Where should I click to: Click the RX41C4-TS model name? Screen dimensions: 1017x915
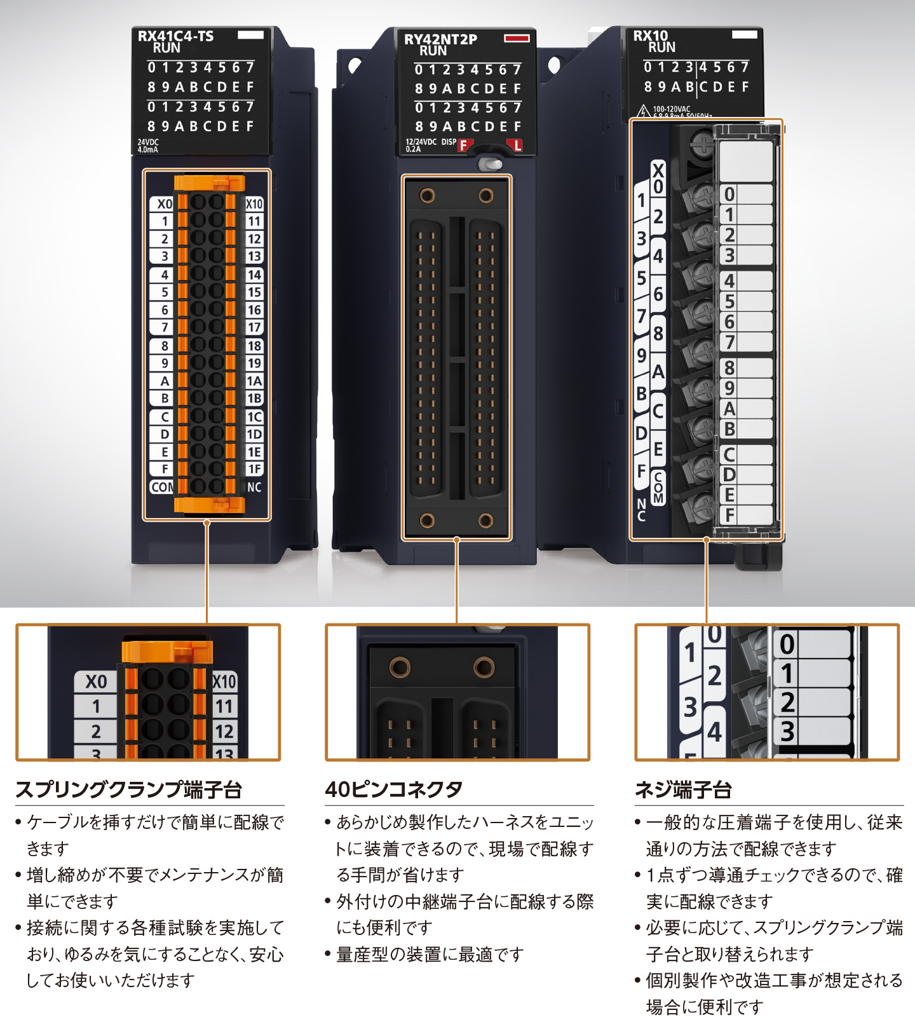[175, 36]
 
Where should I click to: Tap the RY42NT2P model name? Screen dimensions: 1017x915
[440, 39]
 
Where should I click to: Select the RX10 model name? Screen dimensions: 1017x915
[650, 36]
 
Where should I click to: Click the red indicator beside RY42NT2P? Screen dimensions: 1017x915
[517, 38]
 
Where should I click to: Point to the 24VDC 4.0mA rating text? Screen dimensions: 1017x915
[148, 146]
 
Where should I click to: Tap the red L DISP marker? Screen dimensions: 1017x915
[517, 146]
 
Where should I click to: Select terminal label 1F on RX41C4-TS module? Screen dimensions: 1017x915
[254, 469]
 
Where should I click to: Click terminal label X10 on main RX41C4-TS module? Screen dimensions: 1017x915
[254, 204]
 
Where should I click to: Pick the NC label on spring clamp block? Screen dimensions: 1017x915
[254, 488]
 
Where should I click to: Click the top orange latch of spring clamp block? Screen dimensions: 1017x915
[209, 183]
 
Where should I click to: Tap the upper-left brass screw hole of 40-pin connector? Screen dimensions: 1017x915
[427, 195]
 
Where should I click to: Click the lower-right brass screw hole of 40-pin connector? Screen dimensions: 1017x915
[486, 521]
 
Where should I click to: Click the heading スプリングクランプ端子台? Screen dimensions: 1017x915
[129, 789]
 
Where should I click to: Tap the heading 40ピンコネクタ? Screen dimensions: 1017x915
[394, 789]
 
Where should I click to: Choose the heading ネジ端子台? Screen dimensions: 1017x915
[683, 789]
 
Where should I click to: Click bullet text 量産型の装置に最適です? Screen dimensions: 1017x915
[430, 954]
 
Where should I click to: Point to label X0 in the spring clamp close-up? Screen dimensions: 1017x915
[96, 681]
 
